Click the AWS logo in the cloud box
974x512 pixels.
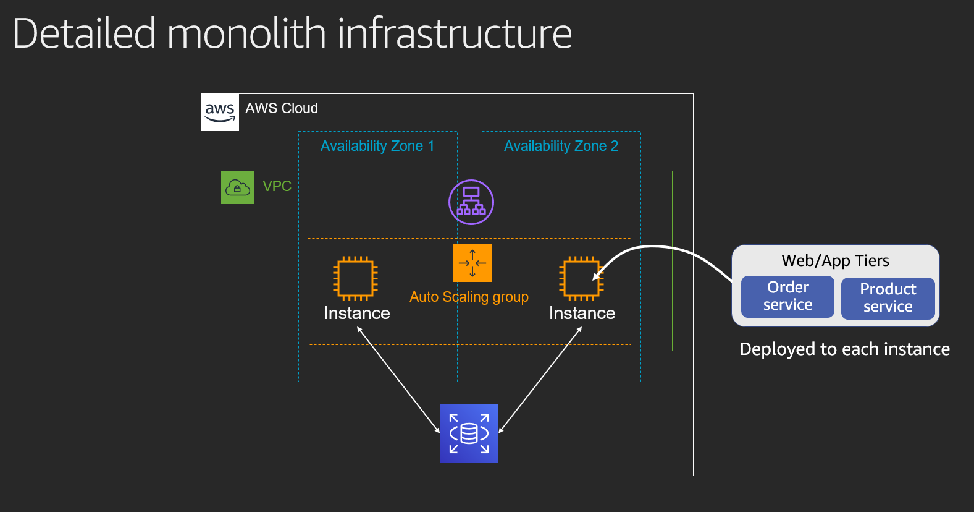point(220,113)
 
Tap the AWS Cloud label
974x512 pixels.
point(281,108)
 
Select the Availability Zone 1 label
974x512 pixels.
point(377,146)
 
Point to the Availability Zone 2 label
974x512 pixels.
point(561,146)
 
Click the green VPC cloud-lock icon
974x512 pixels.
point(238,187)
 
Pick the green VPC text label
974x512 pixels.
point(277,186)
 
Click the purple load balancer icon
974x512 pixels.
point(471,202)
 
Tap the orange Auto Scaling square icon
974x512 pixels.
point(472,263)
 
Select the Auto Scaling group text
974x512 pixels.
point(469,297)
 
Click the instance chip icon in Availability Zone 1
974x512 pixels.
point(355,279)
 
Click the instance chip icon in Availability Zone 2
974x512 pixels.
point(581,279)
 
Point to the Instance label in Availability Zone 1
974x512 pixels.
point(356,314)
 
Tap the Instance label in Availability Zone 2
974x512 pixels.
point(582,314)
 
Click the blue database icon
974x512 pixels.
point(469,433)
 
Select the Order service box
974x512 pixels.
point(787,296)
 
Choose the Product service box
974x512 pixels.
point(888,298)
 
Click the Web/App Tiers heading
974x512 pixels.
point(835,260)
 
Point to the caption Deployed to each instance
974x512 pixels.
point(844,349)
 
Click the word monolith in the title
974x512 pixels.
point(246,33)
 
